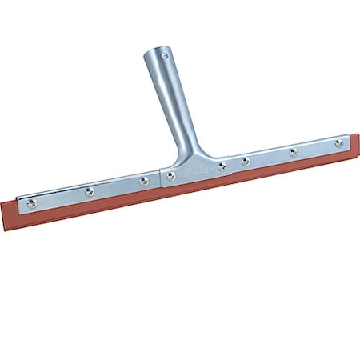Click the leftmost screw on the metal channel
31,203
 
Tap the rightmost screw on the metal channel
338,144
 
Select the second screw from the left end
89,192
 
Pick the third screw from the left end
143,181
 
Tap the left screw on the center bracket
170,176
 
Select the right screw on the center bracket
222,166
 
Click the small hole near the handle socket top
165,57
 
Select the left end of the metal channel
18,206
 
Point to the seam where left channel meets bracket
161,178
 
